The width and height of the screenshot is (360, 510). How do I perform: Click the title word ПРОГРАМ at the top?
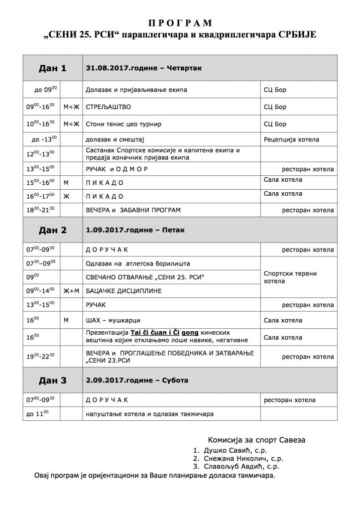tap(180, 23)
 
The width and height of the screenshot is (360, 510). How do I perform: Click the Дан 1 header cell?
tap(52, 69)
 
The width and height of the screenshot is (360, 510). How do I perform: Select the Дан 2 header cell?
tap(52, 230)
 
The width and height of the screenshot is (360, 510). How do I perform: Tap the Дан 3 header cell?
tap(52, 381)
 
